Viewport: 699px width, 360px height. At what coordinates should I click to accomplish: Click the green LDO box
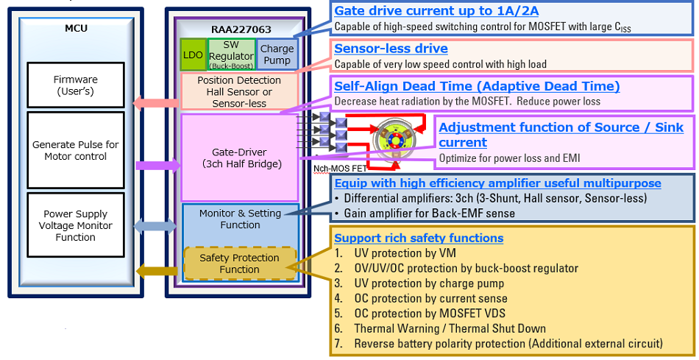pyautogui.click(x=192, y=54)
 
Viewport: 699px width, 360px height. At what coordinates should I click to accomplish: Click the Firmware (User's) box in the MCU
pyautogui.click(x=75, y=85)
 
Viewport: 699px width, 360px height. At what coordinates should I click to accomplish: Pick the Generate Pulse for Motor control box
pyautogui.click(x=75, y=150)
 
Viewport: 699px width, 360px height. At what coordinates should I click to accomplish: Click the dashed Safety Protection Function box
pyautogui.click(x=240, y=264)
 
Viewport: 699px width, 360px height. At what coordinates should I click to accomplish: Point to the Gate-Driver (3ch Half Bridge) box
pyautogui.click(x=239, y=158)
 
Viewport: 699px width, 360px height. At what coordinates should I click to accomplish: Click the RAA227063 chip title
pyautogui.click(x=241, y=29)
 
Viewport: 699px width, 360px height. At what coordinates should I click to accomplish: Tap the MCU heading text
pyautogui.click(x=75, y=29)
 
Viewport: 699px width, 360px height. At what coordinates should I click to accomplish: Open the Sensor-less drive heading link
pyautogui.click(x=391, y=49)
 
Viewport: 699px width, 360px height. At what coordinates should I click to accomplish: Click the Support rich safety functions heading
pyautogui.click(x=419, y=238)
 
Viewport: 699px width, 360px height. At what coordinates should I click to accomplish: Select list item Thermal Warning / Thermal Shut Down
pyautogui.click(x=449, y=328)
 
